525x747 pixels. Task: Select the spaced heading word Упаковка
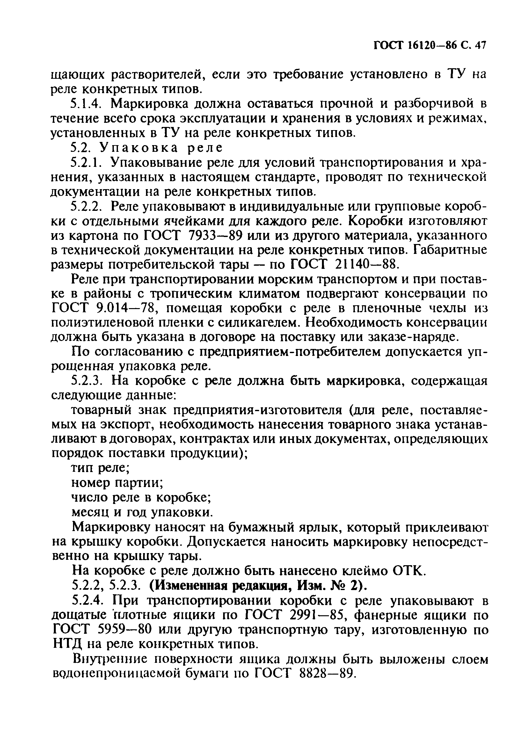coord(139,148)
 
